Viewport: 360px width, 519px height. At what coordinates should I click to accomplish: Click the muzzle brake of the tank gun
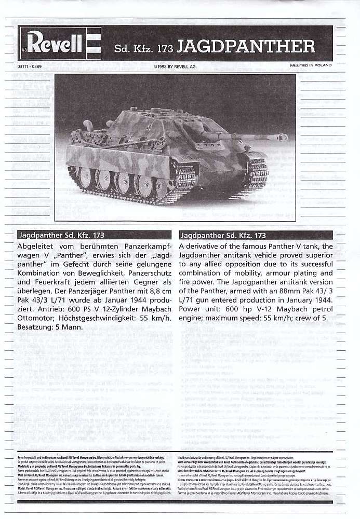(x=282, y=137)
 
